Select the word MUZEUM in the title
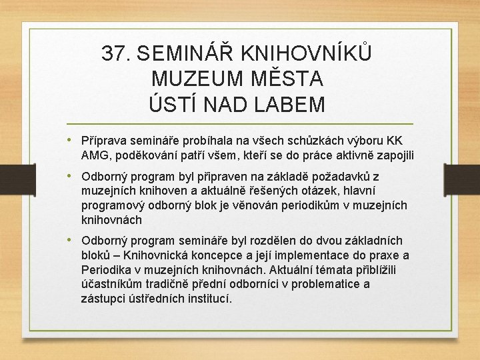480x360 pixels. pyautogui.click(x=190, y=79)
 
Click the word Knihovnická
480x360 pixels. pyautogui.click(x=147, y=255)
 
